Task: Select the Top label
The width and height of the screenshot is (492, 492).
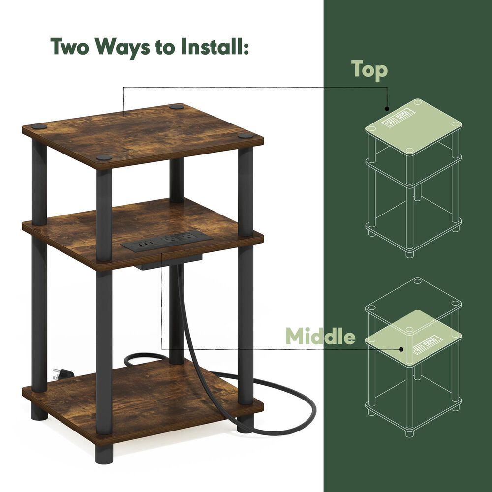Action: [369, 70]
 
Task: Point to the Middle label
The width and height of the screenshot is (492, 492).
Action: [320, 337]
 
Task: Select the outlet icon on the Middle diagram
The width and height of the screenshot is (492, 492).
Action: [426, 342]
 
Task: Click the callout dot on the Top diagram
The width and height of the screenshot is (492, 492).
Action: [387, 108]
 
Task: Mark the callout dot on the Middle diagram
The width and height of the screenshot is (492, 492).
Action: [402, 349]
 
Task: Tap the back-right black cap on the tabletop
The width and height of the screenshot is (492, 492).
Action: [177, 106]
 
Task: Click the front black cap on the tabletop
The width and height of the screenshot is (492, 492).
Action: [104, 158]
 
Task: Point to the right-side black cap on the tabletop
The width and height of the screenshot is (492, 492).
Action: [246, 135]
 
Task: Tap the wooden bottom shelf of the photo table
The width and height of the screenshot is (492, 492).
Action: [143, 394]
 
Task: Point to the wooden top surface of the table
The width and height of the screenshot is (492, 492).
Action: [143, 132]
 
